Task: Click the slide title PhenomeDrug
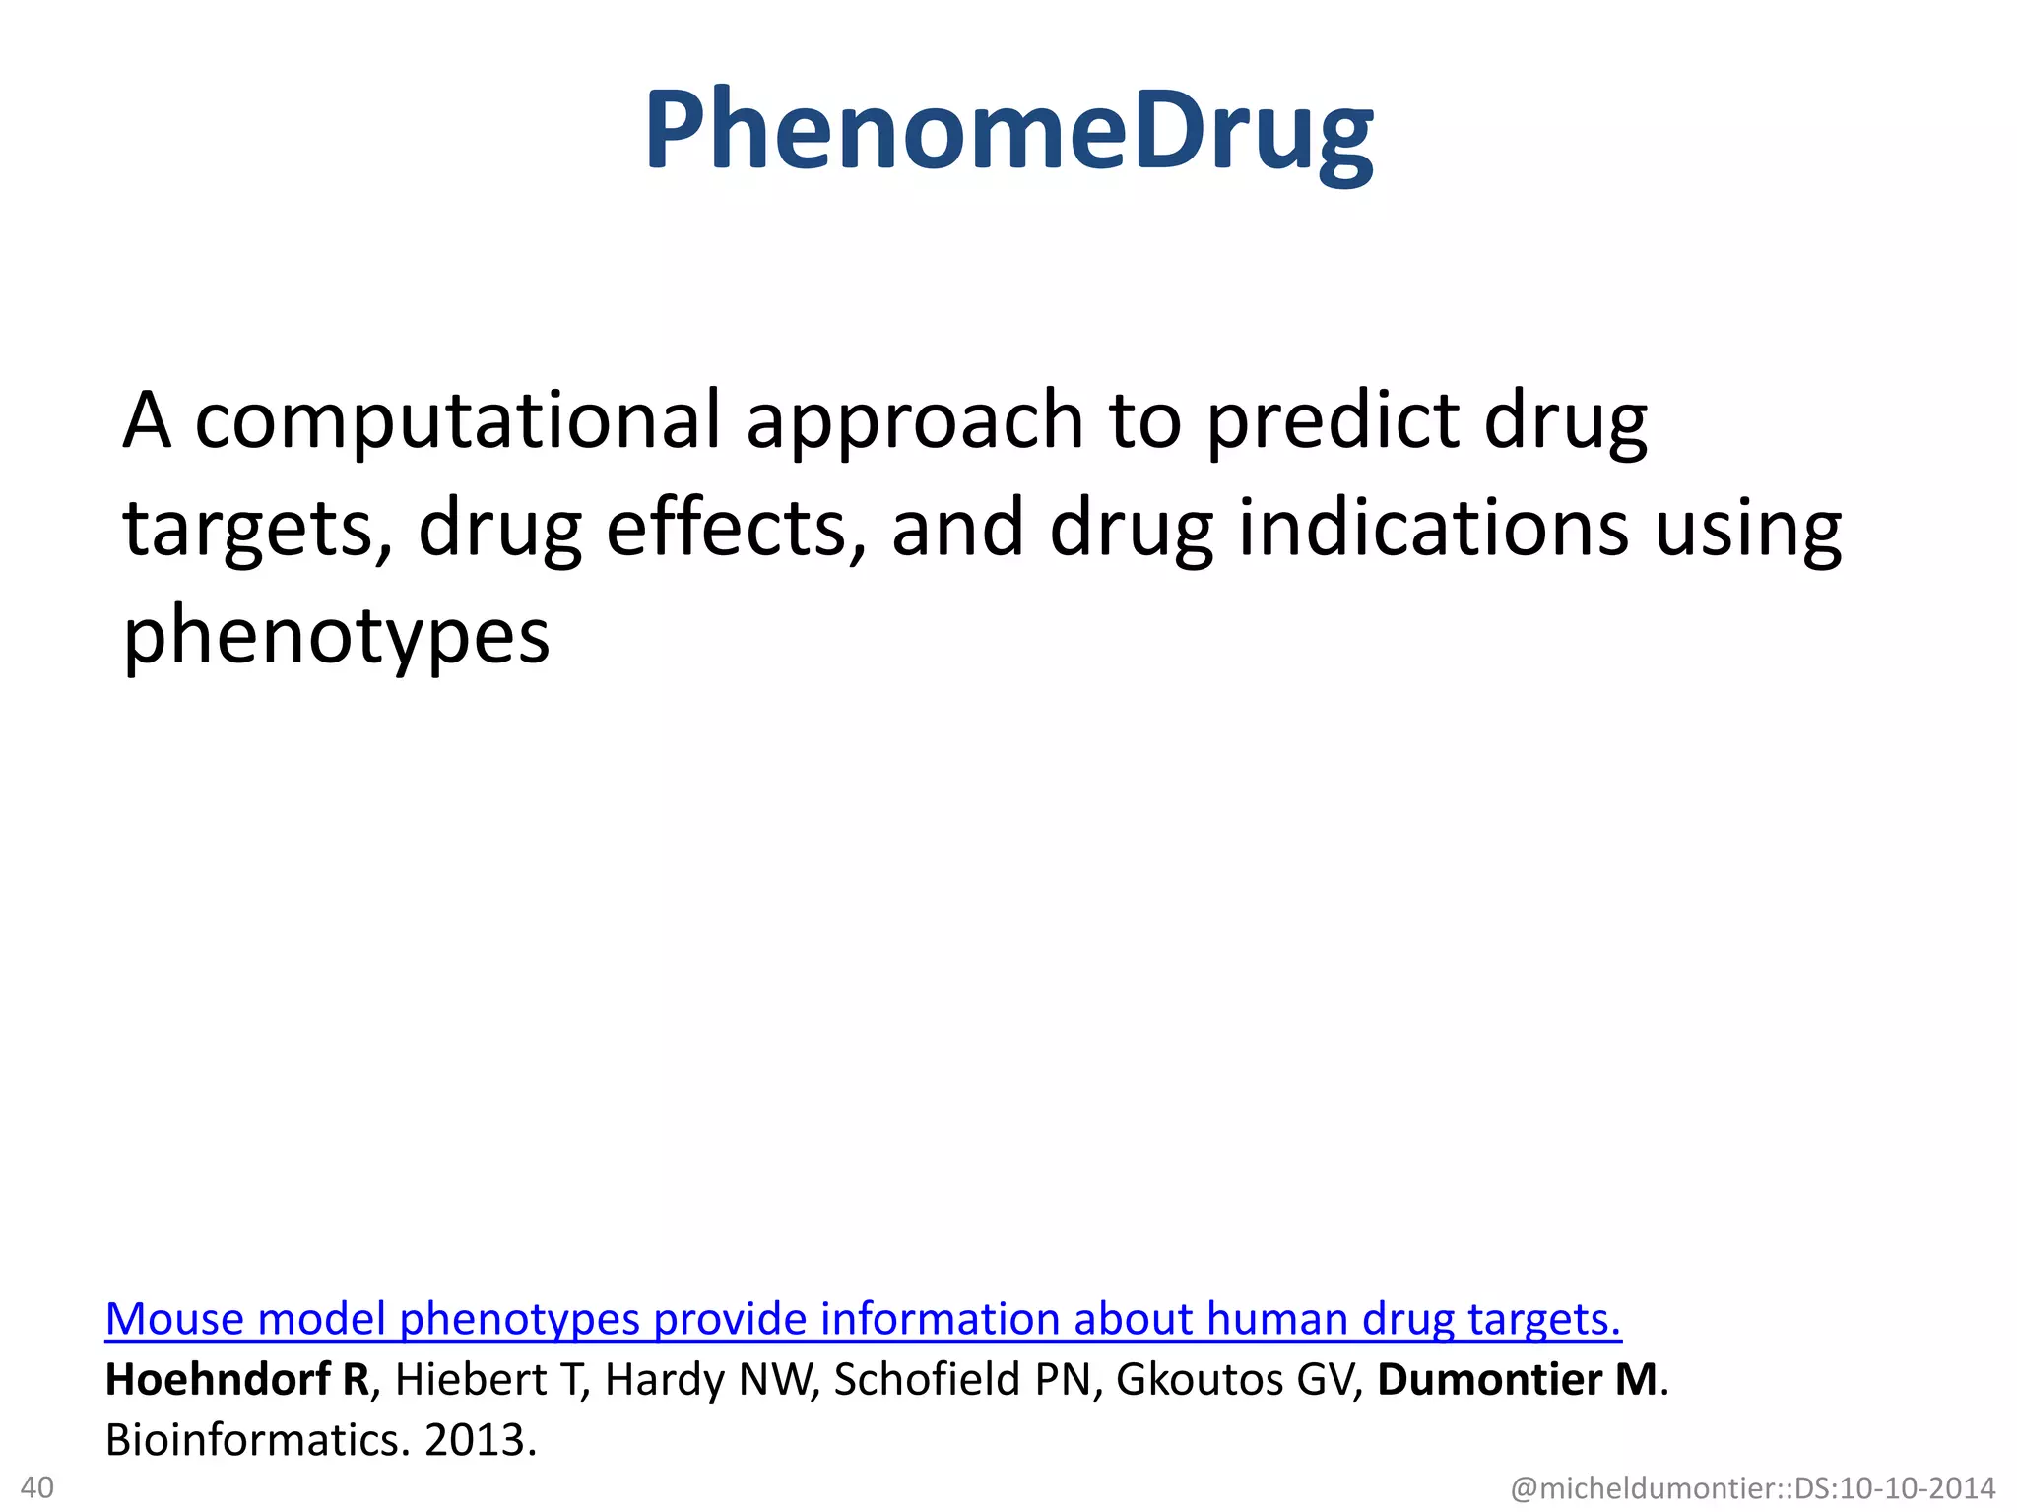pyautogui.click(x=1008, y=133)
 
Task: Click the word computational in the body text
pyautogui.click(x=458, y=421)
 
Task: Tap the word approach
pyautogui.click(x=915, y=421)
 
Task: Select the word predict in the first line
pyautogui.click(x=1333, y=421)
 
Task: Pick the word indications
pyautogui.click(x=1433, y=530)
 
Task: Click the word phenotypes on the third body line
pyautogui.click(x=336, y=638)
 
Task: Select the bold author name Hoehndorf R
pyautogui.click(x=237, y=1380)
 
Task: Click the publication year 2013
pyautogui.click(x=478, y=1441)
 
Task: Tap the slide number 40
pyautogui.click(x=37, y=1486)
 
